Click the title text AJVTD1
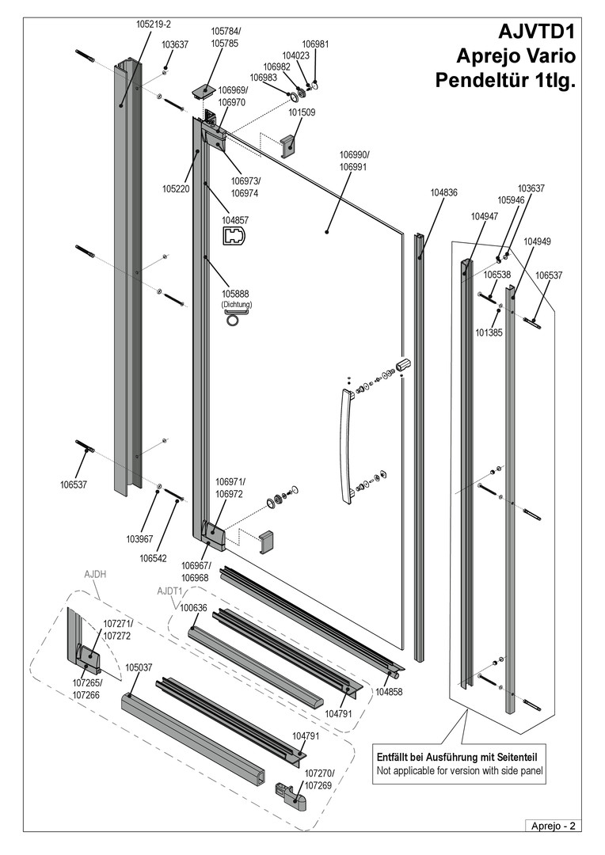537,32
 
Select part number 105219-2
154,25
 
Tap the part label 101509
302,113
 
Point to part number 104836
444,192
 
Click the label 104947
484,216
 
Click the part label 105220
176,189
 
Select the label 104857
235,220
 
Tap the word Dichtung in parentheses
236,305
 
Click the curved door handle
347,443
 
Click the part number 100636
193,608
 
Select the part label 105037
139,667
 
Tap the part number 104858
390,691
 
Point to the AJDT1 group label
170,591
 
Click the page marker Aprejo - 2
553,826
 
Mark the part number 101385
489,333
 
